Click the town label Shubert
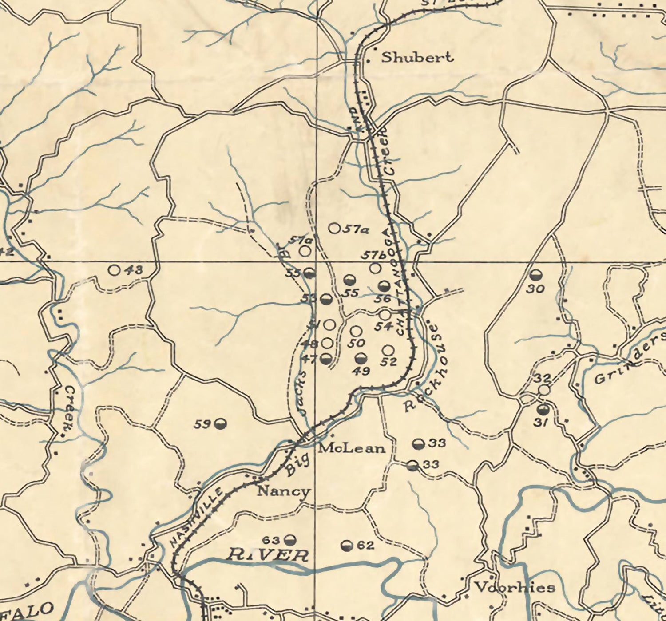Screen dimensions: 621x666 [417, 57]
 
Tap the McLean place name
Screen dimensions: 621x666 [352, 448]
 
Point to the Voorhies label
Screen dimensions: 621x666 [515, 588]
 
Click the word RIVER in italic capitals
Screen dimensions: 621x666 [268, 555]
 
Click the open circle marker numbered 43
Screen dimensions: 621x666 [115, 269]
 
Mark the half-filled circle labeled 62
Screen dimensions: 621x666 [347, 546]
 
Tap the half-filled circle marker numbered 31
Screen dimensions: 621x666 [543, 409]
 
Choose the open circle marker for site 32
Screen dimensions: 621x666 [544, 389]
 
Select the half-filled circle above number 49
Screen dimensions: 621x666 [361, 358]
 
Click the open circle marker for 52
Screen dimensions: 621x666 [388, 350]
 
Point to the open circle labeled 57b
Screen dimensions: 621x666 [375, 268]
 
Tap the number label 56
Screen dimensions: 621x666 [382, 299]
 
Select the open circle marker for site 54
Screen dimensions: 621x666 [385, 315]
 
